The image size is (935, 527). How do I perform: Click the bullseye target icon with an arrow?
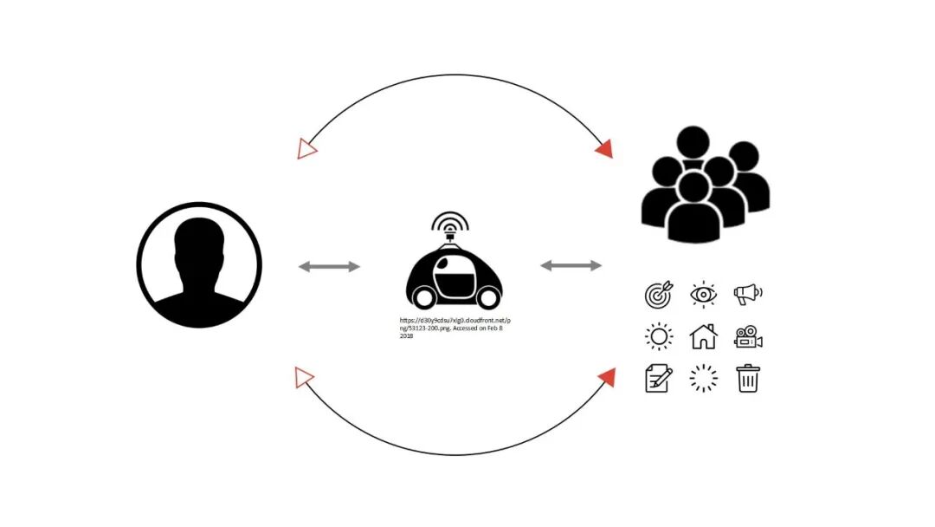point(658,295)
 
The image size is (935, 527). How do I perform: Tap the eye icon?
point(703,295)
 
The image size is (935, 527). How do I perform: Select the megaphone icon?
point(748,295)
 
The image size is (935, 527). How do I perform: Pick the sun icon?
point(659,336)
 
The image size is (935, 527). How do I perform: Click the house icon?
point(703,336)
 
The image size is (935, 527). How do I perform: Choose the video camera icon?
point(748,336)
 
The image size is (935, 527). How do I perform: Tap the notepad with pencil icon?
point(658,378)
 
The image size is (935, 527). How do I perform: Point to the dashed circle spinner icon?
point(703,378)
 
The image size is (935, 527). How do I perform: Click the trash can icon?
point(748,378)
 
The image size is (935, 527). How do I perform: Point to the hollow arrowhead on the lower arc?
point(303,377)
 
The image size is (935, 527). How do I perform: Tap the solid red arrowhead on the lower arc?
point(607,377)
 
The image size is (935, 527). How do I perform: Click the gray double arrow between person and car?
point(329,266)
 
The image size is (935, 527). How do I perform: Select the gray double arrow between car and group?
point(571,265)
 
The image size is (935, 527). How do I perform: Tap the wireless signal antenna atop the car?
point(450,224)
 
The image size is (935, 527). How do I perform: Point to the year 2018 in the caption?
point(406,336)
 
